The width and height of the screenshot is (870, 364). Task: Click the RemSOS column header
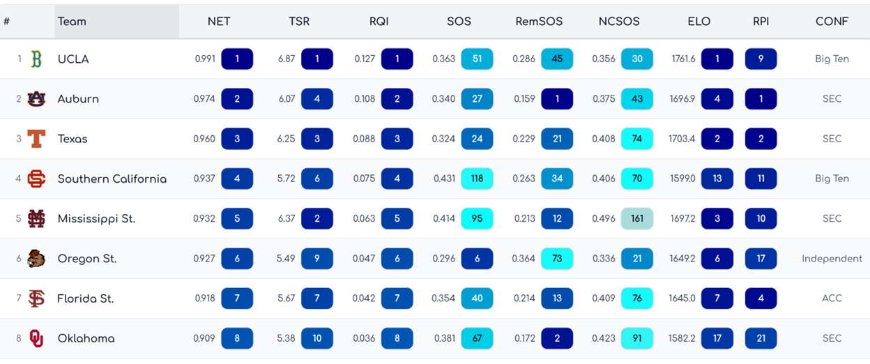(x=535, y=22)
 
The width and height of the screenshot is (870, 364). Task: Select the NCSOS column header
(x=618, y=22)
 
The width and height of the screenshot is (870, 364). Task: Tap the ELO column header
(x=699, y=22)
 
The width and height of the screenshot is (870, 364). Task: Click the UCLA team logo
(x=36, y=59)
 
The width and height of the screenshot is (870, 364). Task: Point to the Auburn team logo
(x=36, y=99)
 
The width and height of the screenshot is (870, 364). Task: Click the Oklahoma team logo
(x=36, y=339)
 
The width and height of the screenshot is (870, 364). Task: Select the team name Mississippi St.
(x=96, y=219)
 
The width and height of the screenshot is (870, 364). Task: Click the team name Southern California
(x=112, y=179)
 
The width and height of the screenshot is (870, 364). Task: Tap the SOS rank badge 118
(x=477, y=179)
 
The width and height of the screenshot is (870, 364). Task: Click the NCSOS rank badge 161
(x=637, y=219)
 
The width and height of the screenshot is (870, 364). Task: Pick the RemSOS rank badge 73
(x=557, y=259)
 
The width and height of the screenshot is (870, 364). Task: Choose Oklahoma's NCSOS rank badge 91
(x=637, y=339)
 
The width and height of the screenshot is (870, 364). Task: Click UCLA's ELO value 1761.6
(x=683, y=59)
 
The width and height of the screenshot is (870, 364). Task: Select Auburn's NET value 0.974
(x=204, y=99)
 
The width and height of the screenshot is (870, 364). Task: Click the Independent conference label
(x=832, y=259)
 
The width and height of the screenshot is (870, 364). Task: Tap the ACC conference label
(x=832, y=298)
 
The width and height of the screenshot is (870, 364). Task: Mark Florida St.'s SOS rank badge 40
(x=477, y=298)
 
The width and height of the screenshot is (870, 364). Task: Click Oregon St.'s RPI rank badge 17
(x=761, y=259)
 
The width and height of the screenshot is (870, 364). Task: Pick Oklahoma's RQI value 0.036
(x=365, y=339)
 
